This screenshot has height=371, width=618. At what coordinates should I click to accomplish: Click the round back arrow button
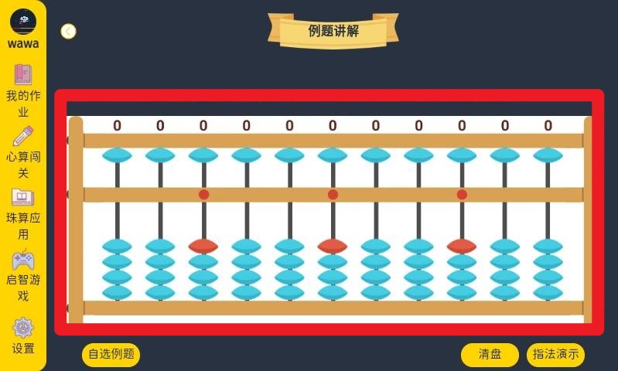(x=68, y=31)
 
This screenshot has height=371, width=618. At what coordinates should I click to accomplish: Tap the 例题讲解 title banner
(x=333, y=31)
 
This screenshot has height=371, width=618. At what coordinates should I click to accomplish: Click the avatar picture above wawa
(x=23, y=20)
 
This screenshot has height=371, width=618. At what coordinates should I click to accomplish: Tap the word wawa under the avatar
(x=23, y=44)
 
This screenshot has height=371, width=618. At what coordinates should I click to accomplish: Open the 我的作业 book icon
(x=23, y=74)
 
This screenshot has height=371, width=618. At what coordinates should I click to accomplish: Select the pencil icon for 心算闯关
(x=23, y=136)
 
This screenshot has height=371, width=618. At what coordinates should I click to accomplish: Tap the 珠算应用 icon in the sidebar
(x=23, y=197)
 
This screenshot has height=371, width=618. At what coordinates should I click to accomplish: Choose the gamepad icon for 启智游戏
(x=23, y=260)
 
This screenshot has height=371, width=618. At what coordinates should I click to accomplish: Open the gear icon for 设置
(x=23, y=328)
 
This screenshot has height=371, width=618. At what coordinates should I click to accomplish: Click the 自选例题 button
(x=111, y=355)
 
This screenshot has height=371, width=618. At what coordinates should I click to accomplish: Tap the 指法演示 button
(x=555, y=355)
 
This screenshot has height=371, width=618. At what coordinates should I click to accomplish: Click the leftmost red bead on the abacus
(x=203, y=246)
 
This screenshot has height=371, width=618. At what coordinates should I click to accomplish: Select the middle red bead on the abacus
(x=333, y=246)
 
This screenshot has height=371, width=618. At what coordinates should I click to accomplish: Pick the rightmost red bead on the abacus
(x=462, y=246)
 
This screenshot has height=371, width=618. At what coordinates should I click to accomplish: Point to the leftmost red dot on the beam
(x=203, y=195)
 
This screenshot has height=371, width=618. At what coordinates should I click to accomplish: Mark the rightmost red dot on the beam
(x=462, y=195)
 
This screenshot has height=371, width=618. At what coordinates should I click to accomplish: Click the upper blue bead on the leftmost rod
(x=118, y=155)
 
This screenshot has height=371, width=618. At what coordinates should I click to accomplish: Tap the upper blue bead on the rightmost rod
(x=548, y=155)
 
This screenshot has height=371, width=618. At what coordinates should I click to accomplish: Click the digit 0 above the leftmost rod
(x=118, y=126)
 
